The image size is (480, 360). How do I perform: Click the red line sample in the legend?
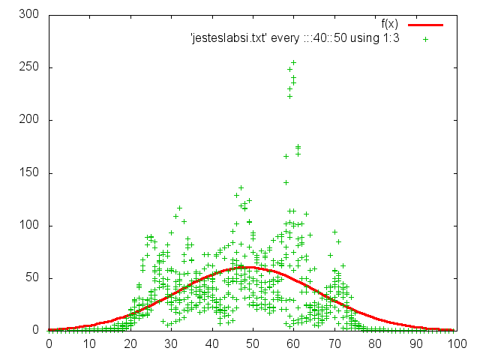pos(425,25)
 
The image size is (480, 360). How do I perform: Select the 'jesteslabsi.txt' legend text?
pos(295,38)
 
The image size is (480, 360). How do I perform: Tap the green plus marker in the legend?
pos(425,38)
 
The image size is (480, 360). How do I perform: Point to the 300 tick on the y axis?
pos(29,15)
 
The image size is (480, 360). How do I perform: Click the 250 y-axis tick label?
pos(29,67)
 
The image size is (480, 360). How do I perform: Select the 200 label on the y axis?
pos(29,120)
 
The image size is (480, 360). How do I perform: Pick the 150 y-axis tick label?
pos(29,172)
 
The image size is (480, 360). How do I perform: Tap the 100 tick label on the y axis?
pos(29,225)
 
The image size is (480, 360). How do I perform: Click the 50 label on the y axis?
pos(32,277)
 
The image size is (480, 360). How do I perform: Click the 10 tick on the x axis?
pos(90,344)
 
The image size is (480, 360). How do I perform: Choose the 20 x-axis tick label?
pos(130,344)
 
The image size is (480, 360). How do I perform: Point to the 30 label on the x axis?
pos(172,344)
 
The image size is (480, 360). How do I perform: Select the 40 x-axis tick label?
pos(212,344)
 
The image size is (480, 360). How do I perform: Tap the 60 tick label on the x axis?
pos(294,344)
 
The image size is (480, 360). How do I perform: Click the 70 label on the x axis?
pos(335,344)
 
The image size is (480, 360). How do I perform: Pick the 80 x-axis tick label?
pos(376,344)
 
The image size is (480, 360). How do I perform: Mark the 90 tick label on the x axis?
pos(417,344)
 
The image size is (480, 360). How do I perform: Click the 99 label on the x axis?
pos(454,344)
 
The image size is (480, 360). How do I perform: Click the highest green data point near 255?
pos(293,62)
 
